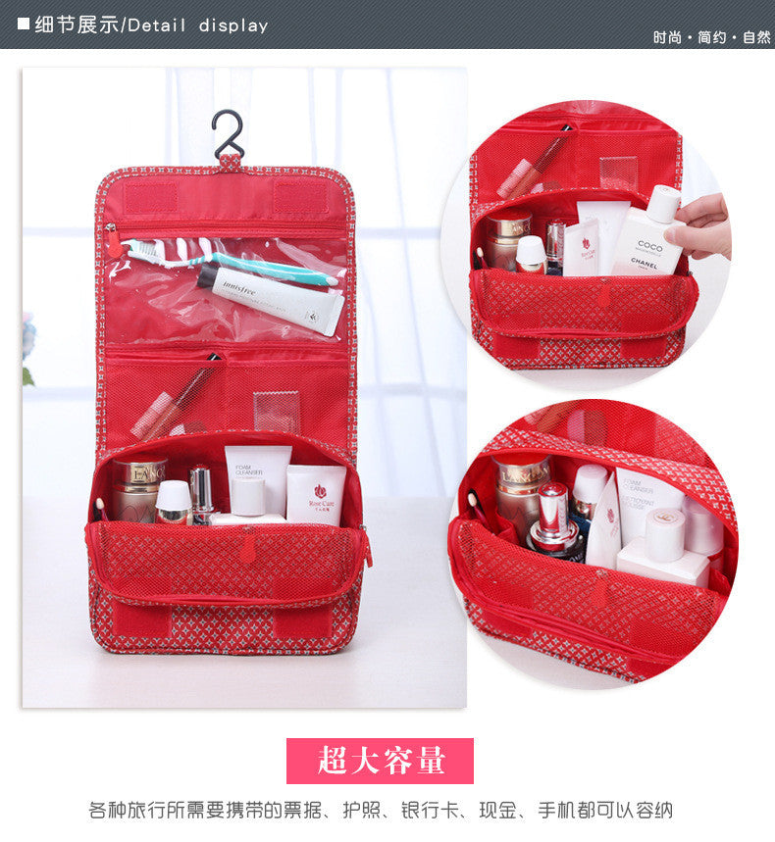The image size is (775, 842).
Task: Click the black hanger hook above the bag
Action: [228, 132]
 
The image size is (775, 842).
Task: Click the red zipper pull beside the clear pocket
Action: [113, 241]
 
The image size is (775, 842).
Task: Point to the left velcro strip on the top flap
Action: [150, 197]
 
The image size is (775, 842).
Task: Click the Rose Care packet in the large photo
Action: [316, 494]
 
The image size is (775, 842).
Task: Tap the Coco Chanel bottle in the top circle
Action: [647, 240]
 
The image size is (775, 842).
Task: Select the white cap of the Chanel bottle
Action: [665, 203]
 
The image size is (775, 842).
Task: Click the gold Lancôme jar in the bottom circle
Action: [520, 484]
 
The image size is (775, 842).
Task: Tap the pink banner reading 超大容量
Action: [380, 761]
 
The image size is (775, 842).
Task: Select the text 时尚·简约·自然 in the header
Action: [712, 37]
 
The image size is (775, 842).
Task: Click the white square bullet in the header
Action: [23, 24]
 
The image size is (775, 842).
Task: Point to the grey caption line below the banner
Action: [381, 811]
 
